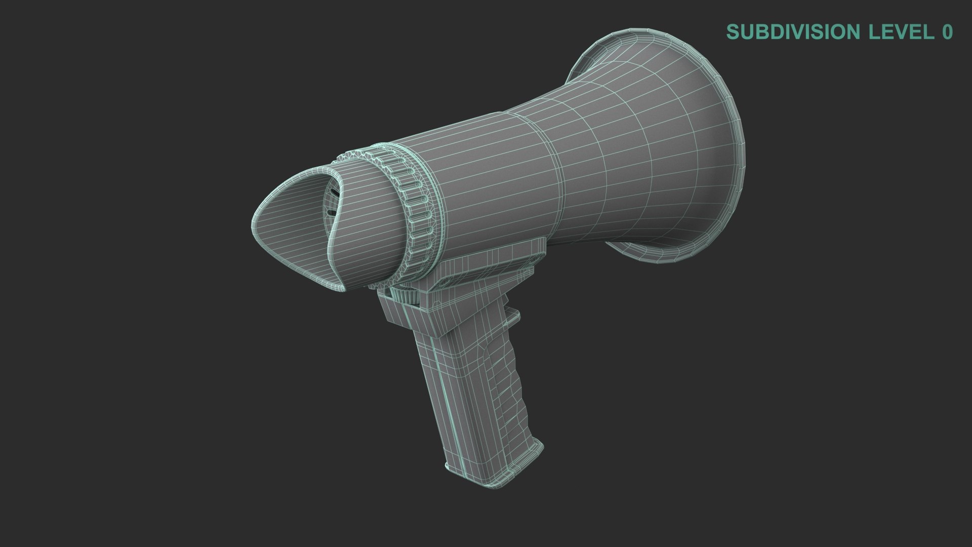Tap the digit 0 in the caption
pyautogui.click(x=947, y=32)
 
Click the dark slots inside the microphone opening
pyautogui.click(x=332, y=203)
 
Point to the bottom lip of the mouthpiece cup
pyautogui.click(x=324, y=284)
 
